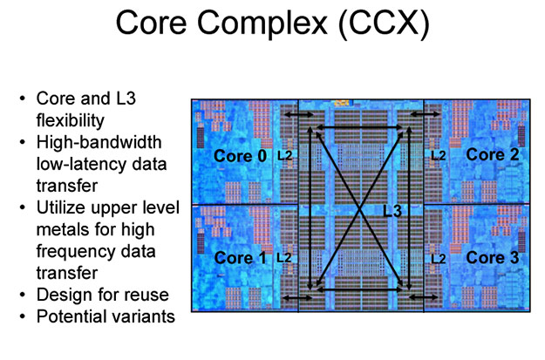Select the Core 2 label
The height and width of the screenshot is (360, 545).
[x=492, y=154]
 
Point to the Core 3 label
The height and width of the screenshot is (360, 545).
[x=492, y=257]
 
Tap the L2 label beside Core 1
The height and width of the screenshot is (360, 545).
[x=284, y=258]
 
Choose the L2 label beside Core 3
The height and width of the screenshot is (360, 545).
[x=438, y=258]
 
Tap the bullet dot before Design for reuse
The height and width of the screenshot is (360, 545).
[x=23, y=295]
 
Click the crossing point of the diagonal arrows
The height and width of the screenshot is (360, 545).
[x=361, y=207]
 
